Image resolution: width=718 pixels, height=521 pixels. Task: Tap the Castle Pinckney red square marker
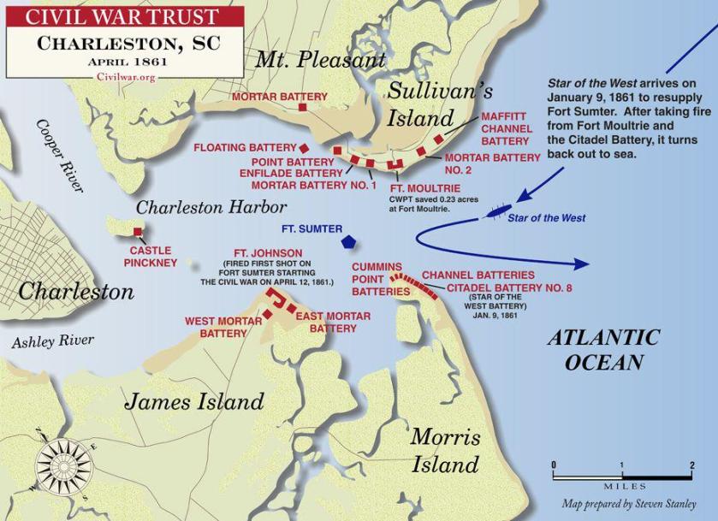click(x=138, y=232)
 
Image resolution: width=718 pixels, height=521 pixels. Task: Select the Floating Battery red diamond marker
click(x=303, y=148)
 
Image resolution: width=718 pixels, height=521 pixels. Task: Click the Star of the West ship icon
click(x=496, y=210)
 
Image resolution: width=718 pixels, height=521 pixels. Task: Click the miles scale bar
click(x=622, y=472)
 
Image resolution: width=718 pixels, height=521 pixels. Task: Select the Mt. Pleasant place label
click(x=320, y=59)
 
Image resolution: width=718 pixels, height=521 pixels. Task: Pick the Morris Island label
click(x=445, y=450)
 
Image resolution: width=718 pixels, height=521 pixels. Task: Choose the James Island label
click(x=194, y=400)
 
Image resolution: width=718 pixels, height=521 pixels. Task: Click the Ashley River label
click(x=53, y=340)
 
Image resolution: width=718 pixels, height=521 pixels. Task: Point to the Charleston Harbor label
click(x=211, y=207)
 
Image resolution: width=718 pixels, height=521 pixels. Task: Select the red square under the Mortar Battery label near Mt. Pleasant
click(x=302, y=109)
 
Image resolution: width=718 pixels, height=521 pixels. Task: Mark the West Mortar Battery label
click(x=217, y=327)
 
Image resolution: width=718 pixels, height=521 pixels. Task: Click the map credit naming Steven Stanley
click(x=628, y=504)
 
